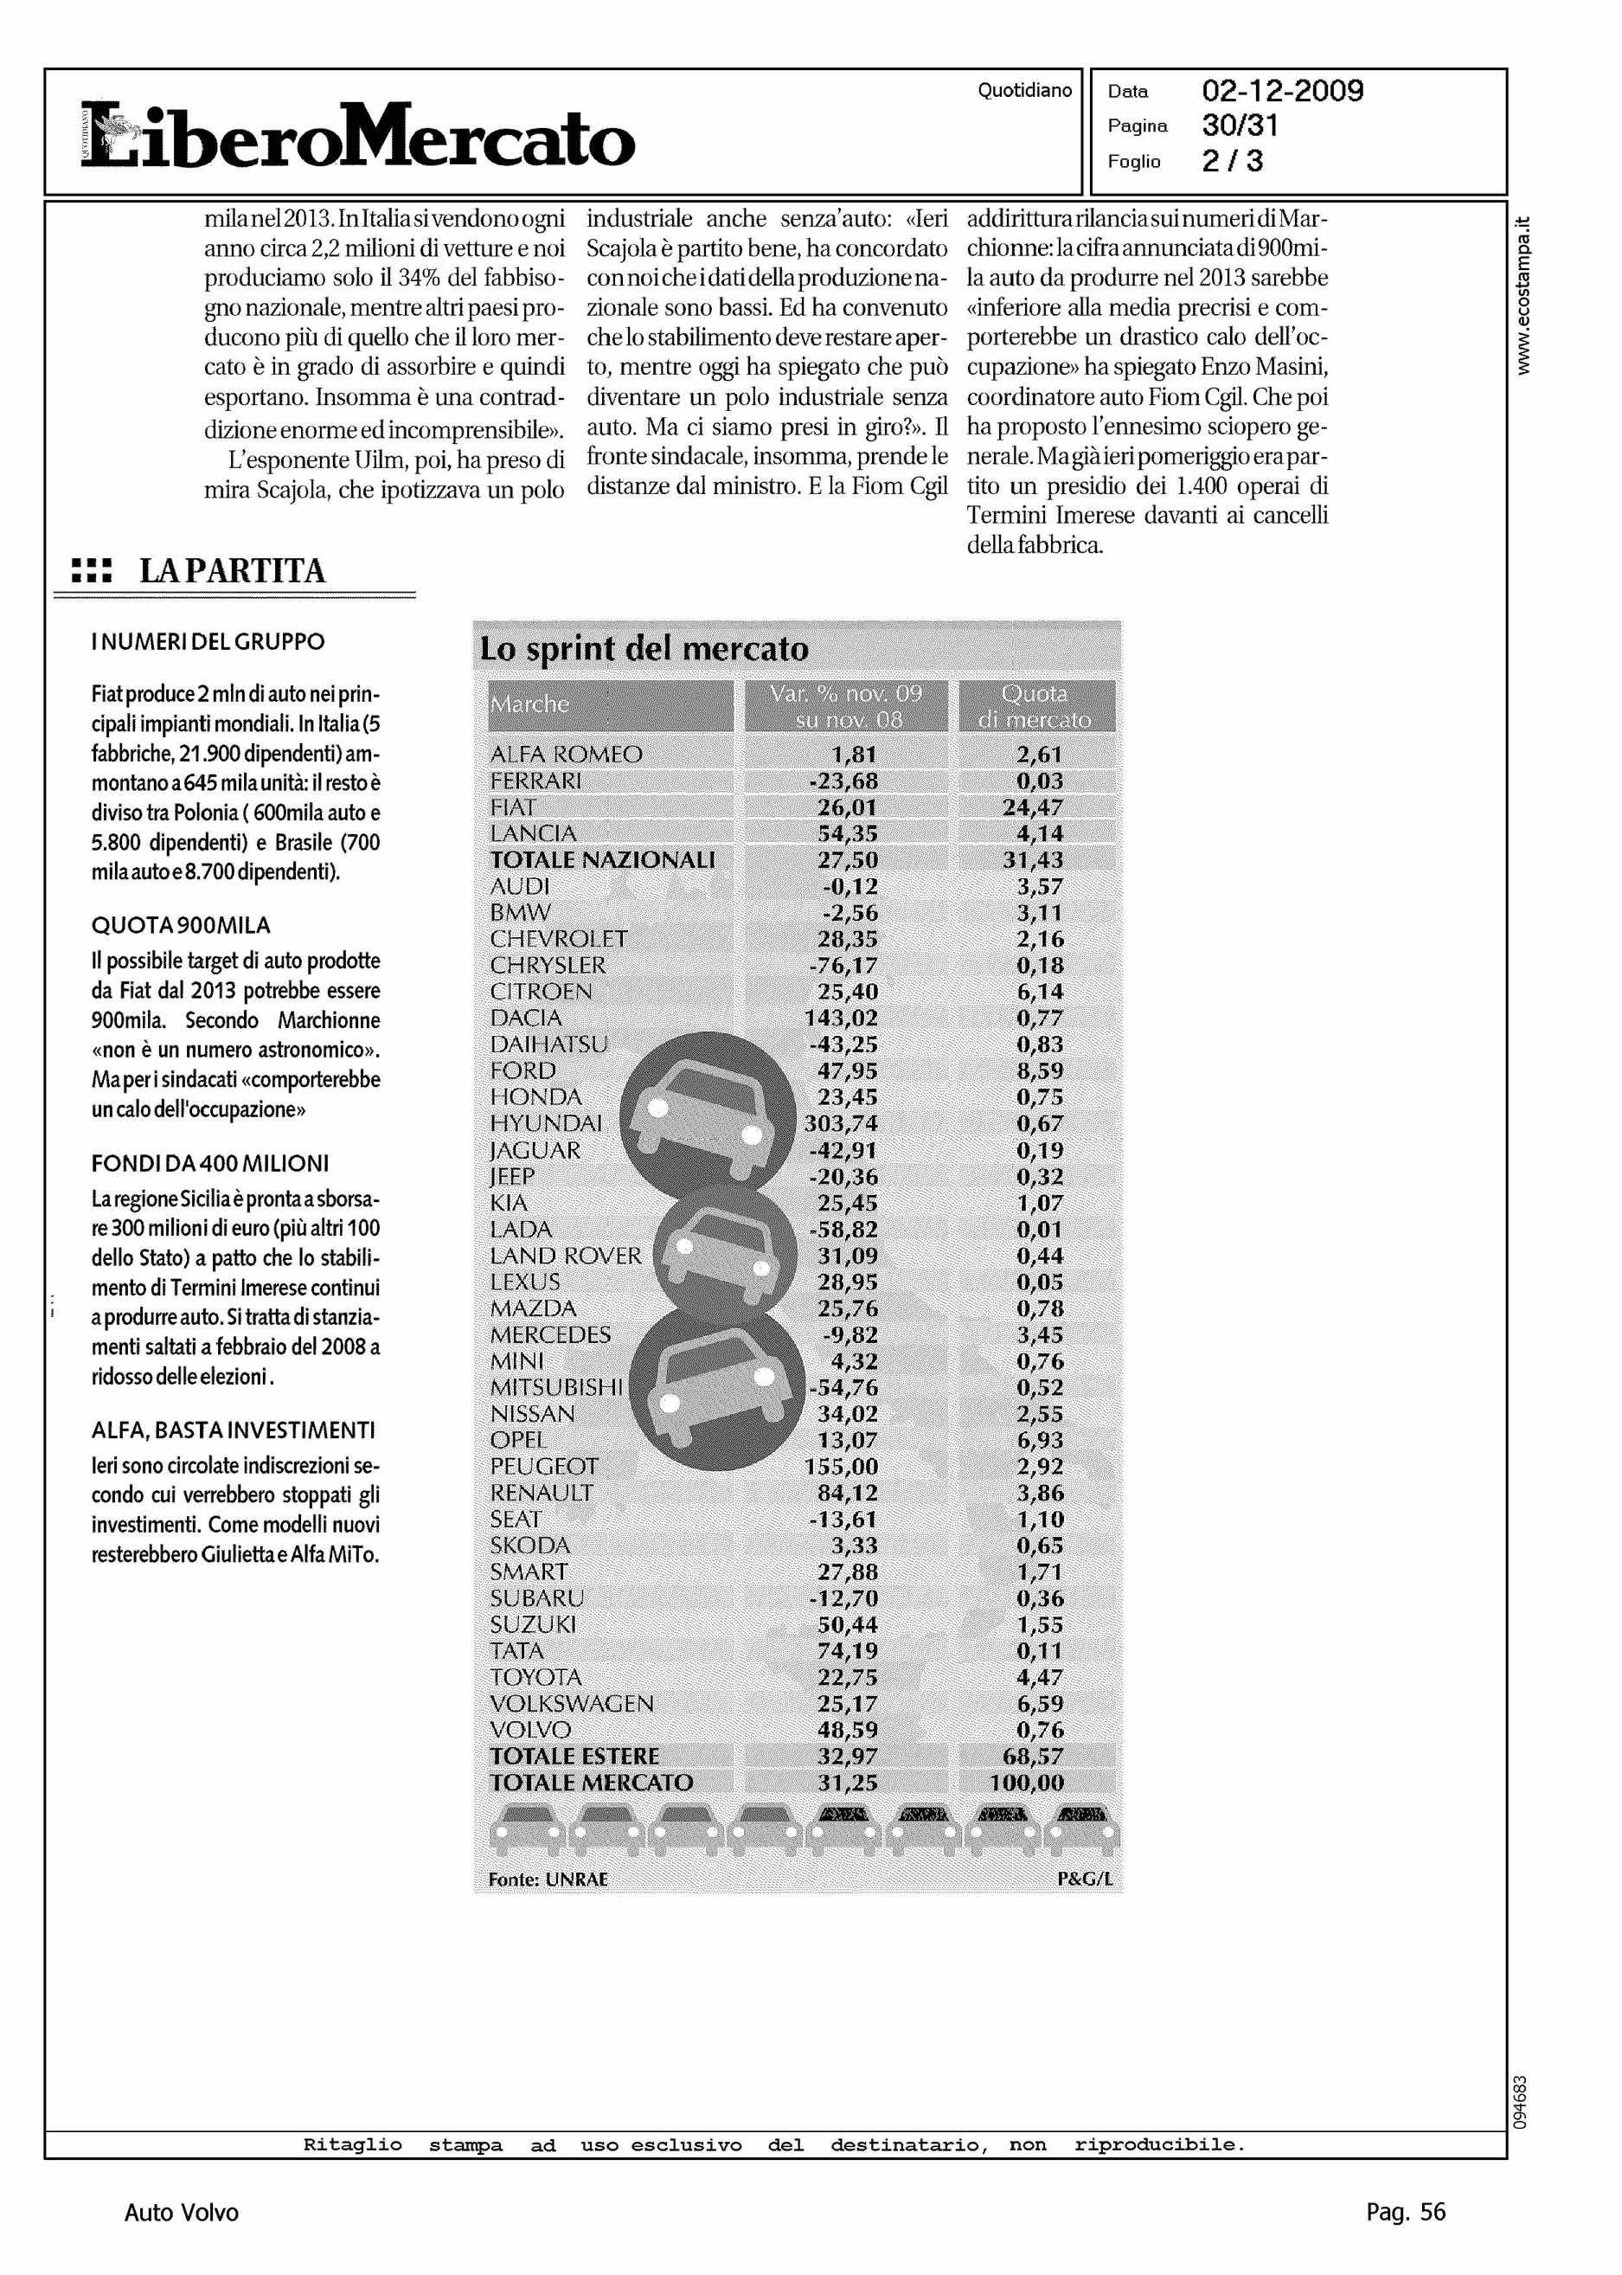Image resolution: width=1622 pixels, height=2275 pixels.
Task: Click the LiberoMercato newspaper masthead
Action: [356, 136]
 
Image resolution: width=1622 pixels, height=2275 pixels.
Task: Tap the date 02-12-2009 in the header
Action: [1281, 92]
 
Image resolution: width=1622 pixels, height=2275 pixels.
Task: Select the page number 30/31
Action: [1240, 125]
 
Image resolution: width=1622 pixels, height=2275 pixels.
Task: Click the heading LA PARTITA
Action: [232, 571]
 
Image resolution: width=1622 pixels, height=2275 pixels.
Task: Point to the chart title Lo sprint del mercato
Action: [644, 648]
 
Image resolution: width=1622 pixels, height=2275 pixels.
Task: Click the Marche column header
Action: [529, 704]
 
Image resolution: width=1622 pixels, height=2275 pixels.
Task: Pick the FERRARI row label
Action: [535, 781]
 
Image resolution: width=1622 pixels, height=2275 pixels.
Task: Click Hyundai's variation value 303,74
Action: [841, 1124]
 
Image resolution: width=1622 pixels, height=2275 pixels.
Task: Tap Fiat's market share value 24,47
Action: [1033, 807]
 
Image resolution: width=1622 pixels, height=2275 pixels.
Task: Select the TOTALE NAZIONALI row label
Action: [602, 860]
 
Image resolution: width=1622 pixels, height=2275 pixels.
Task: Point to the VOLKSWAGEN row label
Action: [571, 1704]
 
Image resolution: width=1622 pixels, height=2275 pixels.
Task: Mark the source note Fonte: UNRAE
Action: [548, 1880]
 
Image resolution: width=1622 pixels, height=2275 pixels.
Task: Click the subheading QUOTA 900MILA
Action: [181, 925]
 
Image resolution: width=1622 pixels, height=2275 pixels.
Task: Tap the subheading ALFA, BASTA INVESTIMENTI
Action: [233, 1430]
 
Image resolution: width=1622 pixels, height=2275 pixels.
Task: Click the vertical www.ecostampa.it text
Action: [1523, 296]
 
